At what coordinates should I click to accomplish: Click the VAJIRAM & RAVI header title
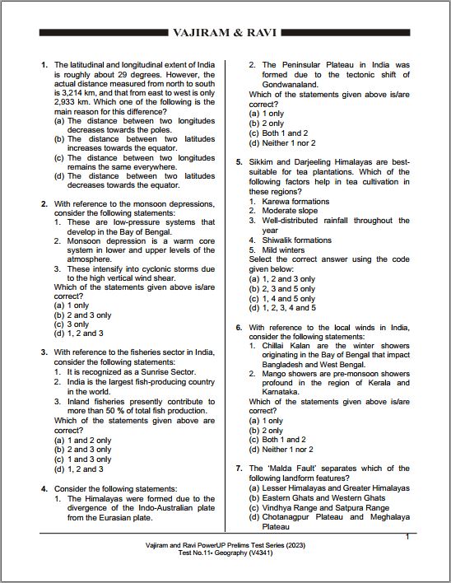click(225, 33)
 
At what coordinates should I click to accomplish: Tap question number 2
click(44, 203)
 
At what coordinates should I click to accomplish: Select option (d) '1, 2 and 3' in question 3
click(78, 469)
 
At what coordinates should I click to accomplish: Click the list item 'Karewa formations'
click(295, 201)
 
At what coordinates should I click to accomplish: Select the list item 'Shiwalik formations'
click(296, 240)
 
